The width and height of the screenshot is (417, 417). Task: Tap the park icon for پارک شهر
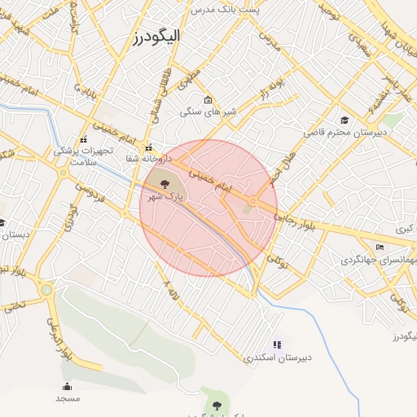tap(165, 184)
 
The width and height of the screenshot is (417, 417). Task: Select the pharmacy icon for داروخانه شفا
tap(148, 148)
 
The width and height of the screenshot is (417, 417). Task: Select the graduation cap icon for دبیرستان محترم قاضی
tap(345, 120)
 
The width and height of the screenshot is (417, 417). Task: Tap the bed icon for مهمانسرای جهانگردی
tap(380, 247)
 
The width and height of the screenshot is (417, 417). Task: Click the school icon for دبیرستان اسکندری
tap(277, 345)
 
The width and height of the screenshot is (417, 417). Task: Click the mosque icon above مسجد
tap(67, 386)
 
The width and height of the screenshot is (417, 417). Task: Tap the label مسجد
tap(68, 398)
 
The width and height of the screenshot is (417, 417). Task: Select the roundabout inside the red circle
tap(253, 200)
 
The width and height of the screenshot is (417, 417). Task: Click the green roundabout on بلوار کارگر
tap(46, 288)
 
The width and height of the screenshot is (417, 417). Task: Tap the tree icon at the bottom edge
tap(216, 404)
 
